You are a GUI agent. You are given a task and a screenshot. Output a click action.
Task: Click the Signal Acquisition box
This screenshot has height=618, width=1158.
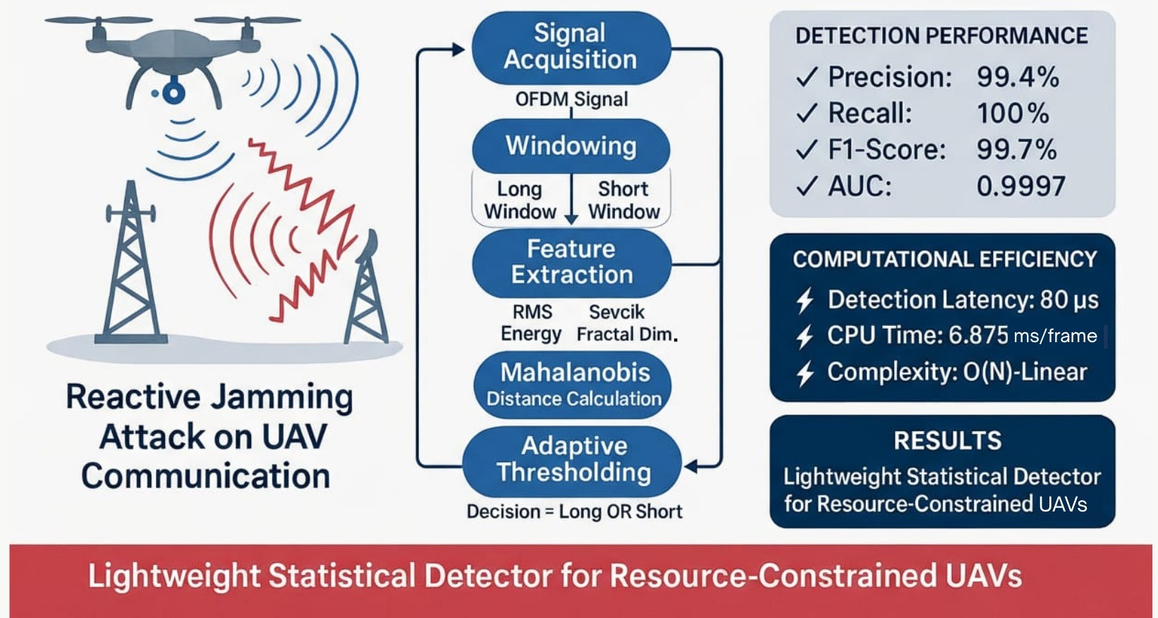pos(571,47)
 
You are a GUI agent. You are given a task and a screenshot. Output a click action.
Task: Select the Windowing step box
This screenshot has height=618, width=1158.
pos(571,146)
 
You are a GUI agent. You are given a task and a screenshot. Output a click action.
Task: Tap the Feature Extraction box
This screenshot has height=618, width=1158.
pos(571,262)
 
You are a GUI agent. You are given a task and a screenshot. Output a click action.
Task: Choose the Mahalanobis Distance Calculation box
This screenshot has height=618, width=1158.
pos(573,384)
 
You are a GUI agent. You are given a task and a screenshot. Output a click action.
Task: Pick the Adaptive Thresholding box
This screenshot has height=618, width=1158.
pos(573,459)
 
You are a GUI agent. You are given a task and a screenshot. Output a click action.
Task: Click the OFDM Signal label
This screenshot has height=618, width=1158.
pos(571,99)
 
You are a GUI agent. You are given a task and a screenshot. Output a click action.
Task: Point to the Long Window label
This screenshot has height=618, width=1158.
pos(520,200)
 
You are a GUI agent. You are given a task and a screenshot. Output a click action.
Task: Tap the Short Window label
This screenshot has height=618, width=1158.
pos(623,200)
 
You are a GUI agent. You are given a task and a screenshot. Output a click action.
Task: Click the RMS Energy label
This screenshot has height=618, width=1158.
pos(532,323)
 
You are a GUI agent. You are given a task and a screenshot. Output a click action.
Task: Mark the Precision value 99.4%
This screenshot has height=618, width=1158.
pos(1018,77)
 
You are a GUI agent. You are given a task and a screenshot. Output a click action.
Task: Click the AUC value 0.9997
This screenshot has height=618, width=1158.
pos(1020,186)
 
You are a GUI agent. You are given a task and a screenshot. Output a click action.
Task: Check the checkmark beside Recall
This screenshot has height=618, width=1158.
pos(807,113)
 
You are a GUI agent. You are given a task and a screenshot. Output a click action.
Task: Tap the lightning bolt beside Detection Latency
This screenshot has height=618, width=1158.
pos(805,301)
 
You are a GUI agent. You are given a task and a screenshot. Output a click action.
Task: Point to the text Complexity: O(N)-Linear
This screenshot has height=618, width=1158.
pos(957,372)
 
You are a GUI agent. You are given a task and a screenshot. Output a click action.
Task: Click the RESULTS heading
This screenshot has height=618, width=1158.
pos(947,441)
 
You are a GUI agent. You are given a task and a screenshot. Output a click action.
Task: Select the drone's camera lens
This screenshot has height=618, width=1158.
pos(171,92)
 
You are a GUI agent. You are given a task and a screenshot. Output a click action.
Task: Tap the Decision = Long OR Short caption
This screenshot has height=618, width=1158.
pos(574,511)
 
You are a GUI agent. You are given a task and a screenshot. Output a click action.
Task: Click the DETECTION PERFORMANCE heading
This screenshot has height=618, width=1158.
pos(941,36)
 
